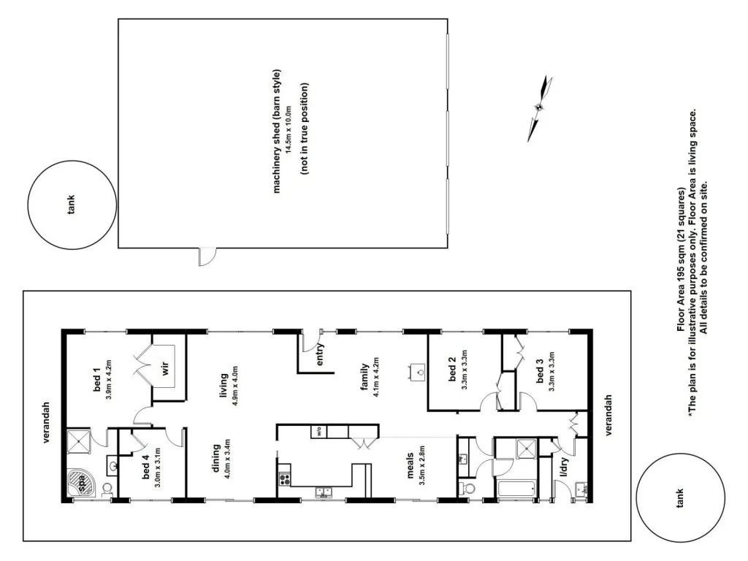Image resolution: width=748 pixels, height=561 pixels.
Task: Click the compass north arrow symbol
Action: click(538, 107)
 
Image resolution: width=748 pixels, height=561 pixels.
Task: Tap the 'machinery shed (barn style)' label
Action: click(277, 131)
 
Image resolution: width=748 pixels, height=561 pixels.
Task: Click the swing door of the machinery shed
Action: click(207, 256)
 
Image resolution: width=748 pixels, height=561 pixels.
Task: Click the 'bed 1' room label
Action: click(96, 377)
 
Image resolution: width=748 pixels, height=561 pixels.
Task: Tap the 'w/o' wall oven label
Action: click(319, 431)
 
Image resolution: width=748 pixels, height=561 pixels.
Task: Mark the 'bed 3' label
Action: click(540, 371)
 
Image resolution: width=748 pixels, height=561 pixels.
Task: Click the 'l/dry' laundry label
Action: click(563, 468)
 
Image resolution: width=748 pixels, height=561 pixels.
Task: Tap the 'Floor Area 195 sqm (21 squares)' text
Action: click(681, 260)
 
